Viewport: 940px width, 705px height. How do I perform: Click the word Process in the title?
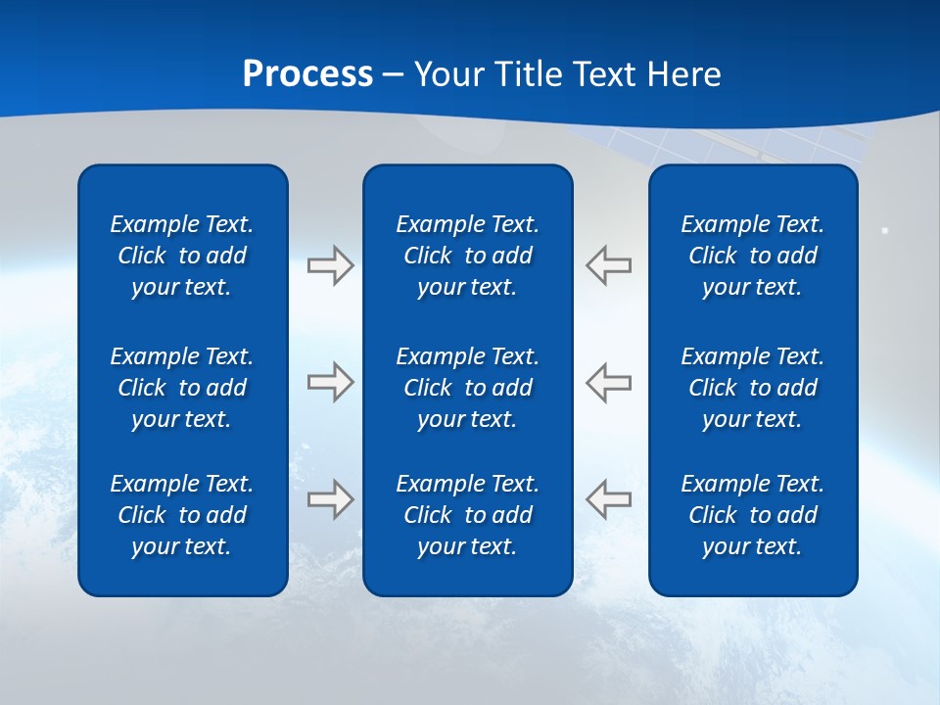307,74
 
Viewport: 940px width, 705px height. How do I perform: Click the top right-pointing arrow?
330,265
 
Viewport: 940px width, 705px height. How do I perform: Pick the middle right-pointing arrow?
330,382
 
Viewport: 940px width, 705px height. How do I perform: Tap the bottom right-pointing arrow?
330,498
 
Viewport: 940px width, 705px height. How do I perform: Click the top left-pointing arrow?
609,265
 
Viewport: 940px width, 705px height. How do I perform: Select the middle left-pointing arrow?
609,382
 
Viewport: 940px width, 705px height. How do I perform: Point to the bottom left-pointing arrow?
609,498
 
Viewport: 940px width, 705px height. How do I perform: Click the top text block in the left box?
182,256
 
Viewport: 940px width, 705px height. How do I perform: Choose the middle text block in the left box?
182,388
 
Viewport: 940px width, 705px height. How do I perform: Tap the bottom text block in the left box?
182,515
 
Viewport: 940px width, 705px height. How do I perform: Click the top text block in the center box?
468,256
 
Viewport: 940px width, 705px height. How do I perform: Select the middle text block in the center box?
468,388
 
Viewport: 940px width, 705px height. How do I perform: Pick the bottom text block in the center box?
468,515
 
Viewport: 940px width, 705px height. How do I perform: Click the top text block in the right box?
753,256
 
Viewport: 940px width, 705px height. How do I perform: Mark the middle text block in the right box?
753,388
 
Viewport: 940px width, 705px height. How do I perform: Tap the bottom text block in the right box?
753,515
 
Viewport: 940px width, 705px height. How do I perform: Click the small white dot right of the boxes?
885,230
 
